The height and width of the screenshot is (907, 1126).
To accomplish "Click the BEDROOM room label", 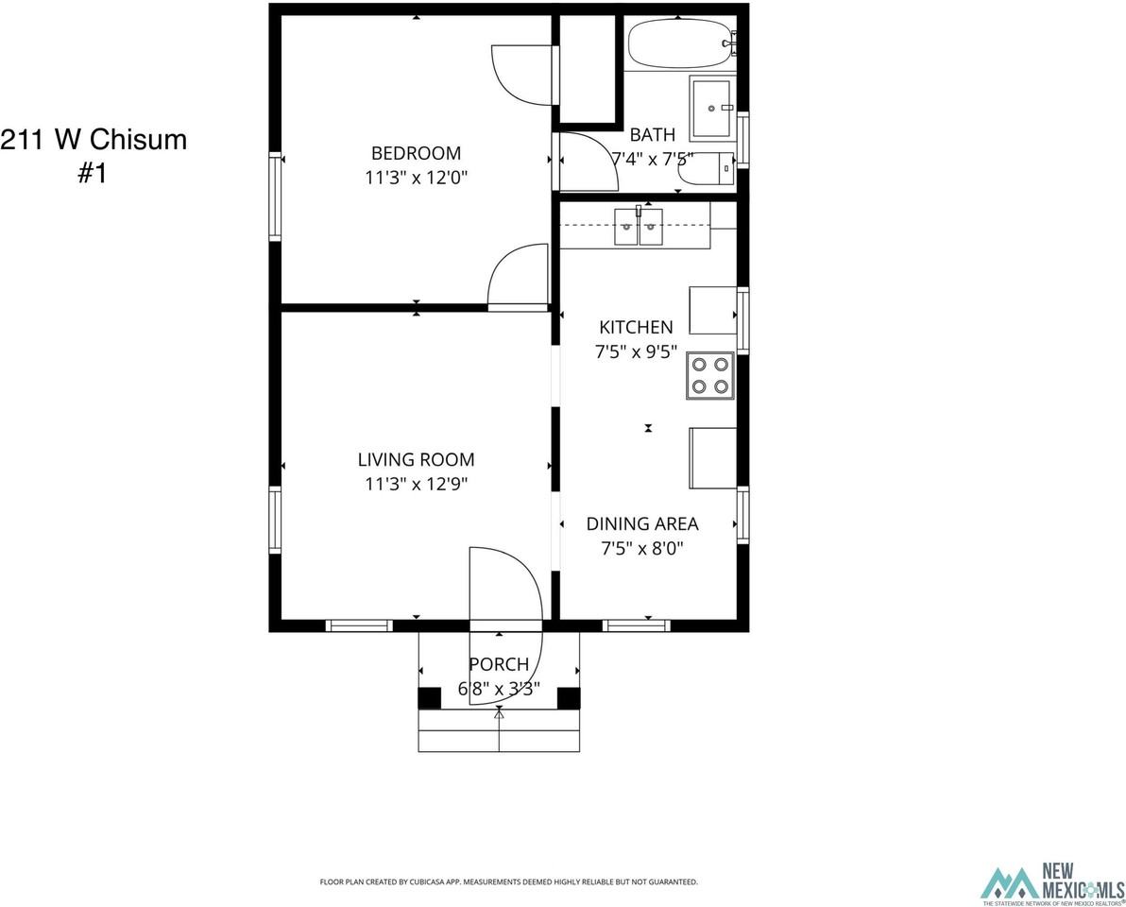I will tap(416, 153).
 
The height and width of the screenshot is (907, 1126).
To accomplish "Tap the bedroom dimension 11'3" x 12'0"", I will tap(416, 177).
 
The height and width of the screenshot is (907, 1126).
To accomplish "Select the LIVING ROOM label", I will tap(416, 460).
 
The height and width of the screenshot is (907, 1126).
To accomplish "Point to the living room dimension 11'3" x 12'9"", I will tap(416, 484).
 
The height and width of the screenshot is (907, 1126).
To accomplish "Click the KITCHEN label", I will tap(636, 327).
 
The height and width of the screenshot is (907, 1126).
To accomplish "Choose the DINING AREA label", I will tap(642, 523).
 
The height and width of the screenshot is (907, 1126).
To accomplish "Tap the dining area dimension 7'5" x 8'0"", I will tap(642, 547).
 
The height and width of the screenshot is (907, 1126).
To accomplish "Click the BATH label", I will tap(653, 134).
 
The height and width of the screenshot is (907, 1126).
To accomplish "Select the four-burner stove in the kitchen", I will tap(709, 375).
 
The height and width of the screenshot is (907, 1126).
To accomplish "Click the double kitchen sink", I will tap(640, 227).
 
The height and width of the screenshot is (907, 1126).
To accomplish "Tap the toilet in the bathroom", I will tap(708, 168).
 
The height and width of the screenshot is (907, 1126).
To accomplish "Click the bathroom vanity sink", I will tap(712, 108).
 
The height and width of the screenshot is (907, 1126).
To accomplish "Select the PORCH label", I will tap(499, 664).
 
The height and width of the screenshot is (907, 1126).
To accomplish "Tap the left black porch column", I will tap(429, 697).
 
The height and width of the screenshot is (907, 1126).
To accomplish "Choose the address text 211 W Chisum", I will tap(94, 140).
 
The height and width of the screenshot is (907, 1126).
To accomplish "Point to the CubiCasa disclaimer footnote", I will tap(508, 881).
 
